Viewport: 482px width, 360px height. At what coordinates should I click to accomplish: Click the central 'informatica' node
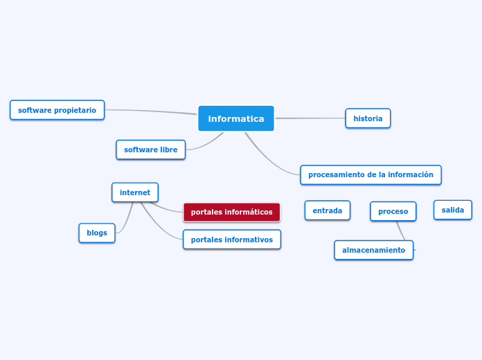[236, 118]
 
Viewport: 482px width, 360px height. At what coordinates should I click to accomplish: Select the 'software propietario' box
[57, 110]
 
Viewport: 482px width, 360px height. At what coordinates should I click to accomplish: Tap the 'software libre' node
[150, 150]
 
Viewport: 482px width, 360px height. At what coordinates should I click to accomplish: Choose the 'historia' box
[368, 118]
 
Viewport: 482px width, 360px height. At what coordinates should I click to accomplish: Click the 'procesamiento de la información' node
[371, 174]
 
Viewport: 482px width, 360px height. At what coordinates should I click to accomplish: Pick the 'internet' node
[135, 192]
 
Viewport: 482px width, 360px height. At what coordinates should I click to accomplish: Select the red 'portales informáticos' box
[231, 212]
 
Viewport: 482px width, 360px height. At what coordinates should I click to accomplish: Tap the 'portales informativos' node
[231, 240]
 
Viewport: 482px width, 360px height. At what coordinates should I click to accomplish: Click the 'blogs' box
[97, 233]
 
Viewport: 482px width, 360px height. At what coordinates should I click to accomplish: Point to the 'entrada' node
[327, 210]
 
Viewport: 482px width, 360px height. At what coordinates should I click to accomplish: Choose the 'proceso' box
[393, 211]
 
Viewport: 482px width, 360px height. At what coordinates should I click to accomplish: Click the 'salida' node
[452, 210]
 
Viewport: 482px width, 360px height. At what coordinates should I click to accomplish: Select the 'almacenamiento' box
[373, 250]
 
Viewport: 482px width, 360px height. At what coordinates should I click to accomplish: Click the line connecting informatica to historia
[310, 118]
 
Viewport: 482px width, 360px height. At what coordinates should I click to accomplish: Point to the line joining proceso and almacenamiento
[400, 231]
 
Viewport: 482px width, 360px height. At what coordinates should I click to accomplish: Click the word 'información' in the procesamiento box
[411, 174]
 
